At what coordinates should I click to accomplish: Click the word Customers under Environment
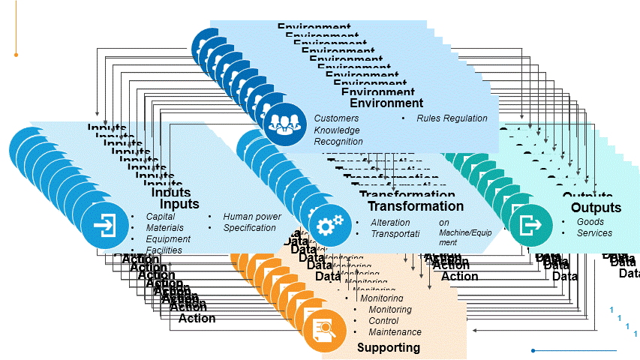click(x=336, y=118)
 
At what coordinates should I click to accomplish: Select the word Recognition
click(x=338, y=141)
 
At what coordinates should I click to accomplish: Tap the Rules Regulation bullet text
click(x=452, y=118)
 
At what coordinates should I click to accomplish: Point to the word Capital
click(x=161, y=217)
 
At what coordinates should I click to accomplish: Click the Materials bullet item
click(x=165, y=228)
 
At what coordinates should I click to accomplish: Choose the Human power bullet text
click(x=252, y=217)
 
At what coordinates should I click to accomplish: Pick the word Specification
click(x=250, y=228)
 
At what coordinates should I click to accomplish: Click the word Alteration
click(x=390, y=223)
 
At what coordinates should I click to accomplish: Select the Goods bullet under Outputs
click(x=590, y=222)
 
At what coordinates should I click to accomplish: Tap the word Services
click(x=594, y=233)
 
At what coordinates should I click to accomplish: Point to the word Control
click(x=383, y=321)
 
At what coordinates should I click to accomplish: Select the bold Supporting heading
click(x=388, y=348)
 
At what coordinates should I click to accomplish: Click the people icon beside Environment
click(x=285, y=120)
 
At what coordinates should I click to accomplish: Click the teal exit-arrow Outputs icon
click(x=532, y=223)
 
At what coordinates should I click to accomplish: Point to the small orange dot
click(x=16, y=55)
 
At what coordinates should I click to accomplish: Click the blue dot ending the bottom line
click(x=533, y=350)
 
